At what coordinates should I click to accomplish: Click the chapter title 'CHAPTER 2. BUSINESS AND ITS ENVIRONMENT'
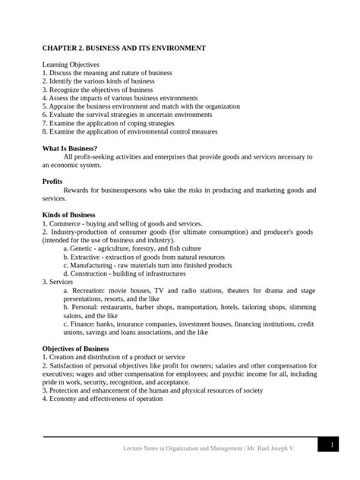[123, 49]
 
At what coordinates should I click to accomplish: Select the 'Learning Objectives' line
[69, 65]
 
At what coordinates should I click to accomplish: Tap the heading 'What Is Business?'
[70, 147]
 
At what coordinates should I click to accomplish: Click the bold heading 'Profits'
[52, 182]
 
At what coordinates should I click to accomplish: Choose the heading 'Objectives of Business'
[76, 348]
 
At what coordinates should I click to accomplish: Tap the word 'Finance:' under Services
[84, 324]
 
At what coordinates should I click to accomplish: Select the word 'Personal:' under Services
[87, 307]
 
